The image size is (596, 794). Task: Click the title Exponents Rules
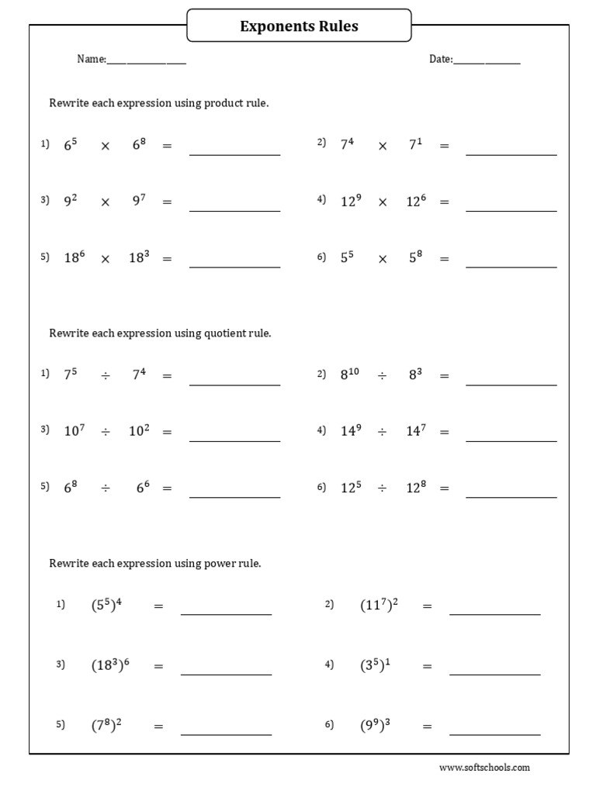tap(299, 26)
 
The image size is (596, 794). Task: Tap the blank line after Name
tap(146, 62)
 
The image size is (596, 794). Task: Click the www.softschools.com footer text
tap(484, 768)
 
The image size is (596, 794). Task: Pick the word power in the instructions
tap(219, 564)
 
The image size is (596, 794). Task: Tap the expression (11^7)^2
tap(379, 606)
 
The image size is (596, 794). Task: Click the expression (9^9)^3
tap(375, 726)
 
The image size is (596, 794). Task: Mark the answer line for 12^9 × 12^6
tap(511, 210)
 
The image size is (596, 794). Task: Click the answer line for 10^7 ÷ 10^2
tap(234, 440)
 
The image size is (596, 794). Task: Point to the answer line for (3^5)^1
tap(494, 673)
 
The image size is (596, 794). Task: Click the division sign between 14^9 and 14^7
tap(382, 432)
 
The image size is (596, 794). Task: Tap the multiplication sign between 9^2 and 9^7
tap(106, 202)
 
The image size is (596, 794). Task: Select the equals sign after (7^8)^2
tap(158, 727)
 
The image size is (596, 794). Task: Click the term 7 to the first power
tap(415, 144)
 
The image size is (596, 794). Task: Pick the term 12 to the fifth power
tap(351, 488)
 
